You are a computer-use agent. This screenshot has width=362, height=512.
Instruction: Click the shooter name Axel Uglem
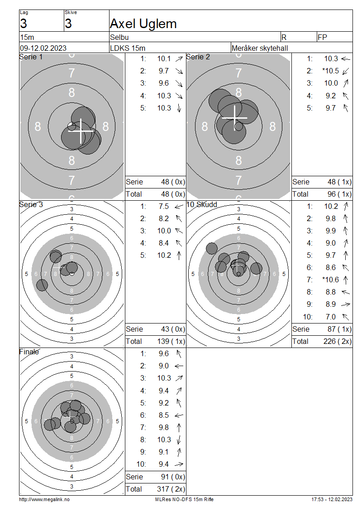[x=143, y=24]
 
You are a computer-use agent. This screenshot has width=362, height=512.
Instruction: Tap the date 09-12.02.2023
[x=43, y=48]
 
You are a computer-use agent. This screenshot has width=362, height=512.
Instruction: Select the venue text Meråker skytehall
[x=260, y=48]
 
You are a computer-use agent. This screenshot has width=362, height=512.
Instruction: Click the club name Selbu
[x=119, y=37]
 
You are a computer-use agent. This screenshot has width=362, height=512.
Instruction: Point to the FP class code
[x=322, y=37]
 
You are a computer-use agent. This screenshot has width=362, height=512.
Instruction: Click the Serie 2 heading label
[x=198, y=57]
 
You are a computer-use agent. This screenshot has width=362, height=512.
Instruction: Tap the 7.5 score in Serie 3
[x=164, y=206]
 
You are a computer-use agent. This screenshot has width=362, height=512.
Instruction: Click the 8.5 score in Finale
[x=164, y=415]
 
